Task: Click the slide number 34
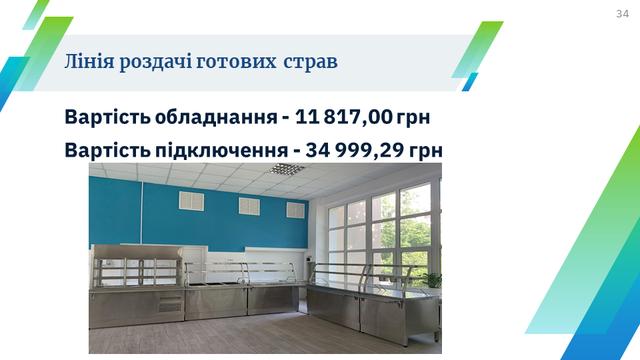(x=622, y=14)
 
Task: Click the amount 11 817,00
(x=343, y=117)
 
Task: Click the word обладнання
(x=216, y=117)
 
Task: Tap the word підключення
(x=221, y=150)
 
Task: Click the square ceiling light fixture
(x=287, y=168)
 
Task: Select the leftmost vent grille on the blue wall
(x=191, y=201)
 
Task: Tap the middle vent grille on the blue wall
(x=249, y=206)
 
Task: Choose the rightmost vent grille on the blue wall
(x=295, y=210)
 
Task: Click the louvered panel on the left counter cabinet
(x=170, y=304)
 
